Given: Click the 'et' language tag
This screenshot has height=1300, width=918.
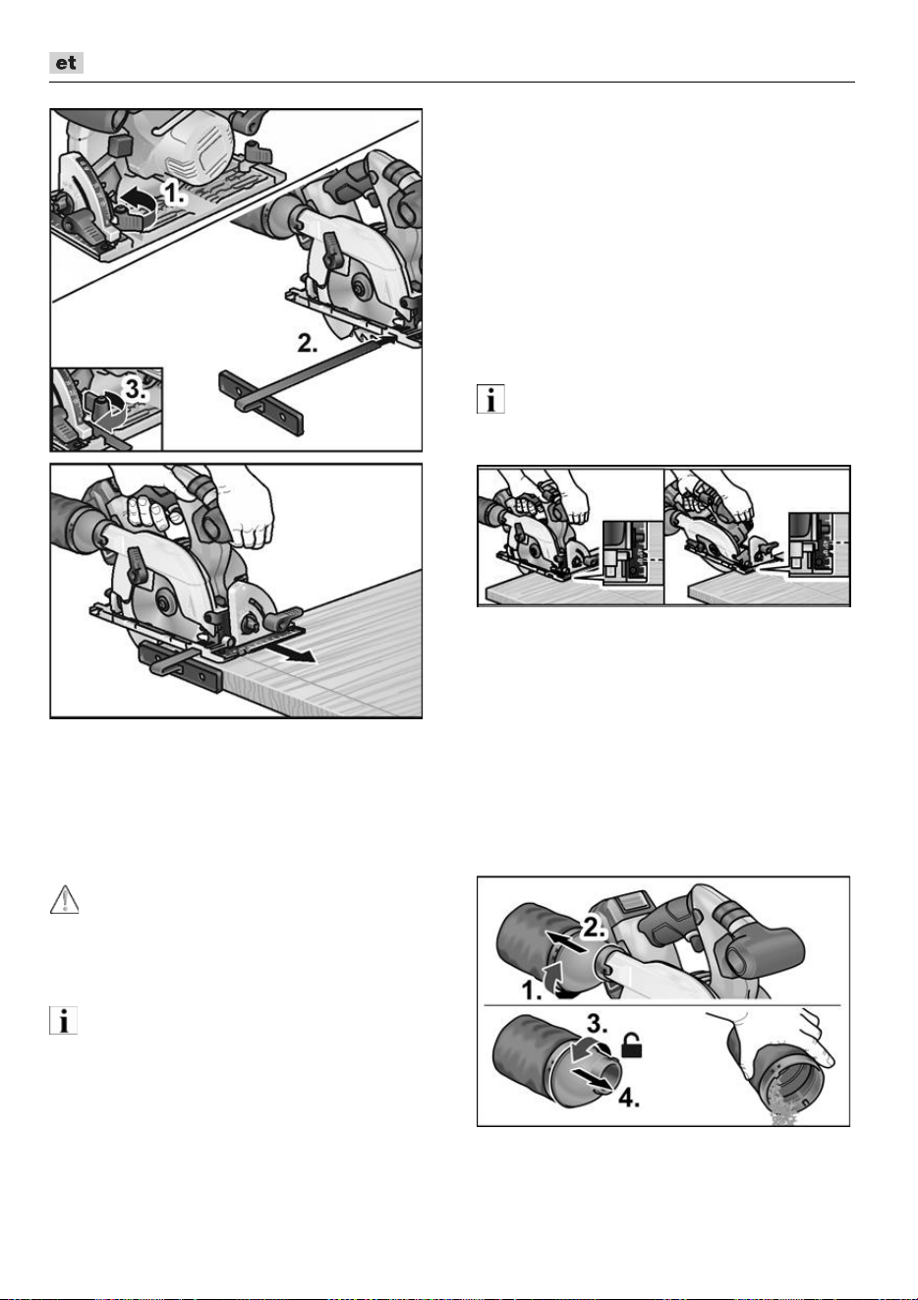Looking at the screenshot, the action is pyautogui.click(x=66, y=63).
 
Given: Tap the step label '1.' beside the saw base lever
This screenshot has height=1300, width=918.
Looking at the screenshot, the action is pyautogui.click(x=174, y=193).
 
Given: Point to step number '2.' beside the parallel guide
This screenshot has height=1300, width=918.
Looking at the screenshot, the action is pyautogui.click(x=308, y=344).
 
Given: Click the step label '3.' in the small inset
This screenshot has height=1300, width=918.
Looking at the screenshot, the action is pyautogui.click(x=136, y=389).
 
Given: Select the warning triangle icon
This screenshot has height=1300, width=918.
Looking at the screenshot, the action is pyautogui.click(x=65, y=899).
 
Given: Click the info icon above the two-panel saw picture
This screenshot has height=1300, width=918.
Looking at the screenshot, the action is pyautogui.click(x=490, y=399).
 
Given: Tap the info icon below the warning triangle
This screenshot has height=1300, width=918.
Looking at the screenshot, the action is pyautogui.click(x=63, y=1021).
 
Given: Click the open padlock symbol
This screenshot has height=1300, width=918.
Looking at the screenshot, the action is pyautogui.click(x=632, y=1046).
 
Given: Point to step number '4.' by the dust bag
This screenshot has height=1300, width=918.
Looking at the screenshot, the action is pyautogui.click(x=629, y=1097).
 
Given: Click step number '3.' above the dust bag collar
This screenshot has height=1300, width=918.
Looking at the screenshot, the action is pyautogui.click(x=597, y=1024).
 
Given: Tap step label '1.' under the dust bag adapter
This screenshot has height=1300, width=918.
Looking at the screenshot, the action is pyautogui.click(x=532, y=990).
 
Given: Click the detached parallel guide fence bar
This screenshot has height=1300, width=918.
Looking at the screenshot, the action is pyautogui.click(x=261, y=402).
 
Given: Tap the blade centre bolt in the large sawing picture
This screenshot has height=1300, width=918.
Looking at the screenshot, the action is pyautogui.click(x=162, y=602).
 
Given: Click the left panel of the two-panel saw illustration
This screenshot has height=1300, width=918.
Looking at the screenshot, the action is pyautogui.click(x=570, y=537).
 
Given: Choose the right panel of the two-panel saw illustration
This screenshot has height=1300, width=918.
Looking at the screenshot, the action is pyautogui.click(x=757, y=537).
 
